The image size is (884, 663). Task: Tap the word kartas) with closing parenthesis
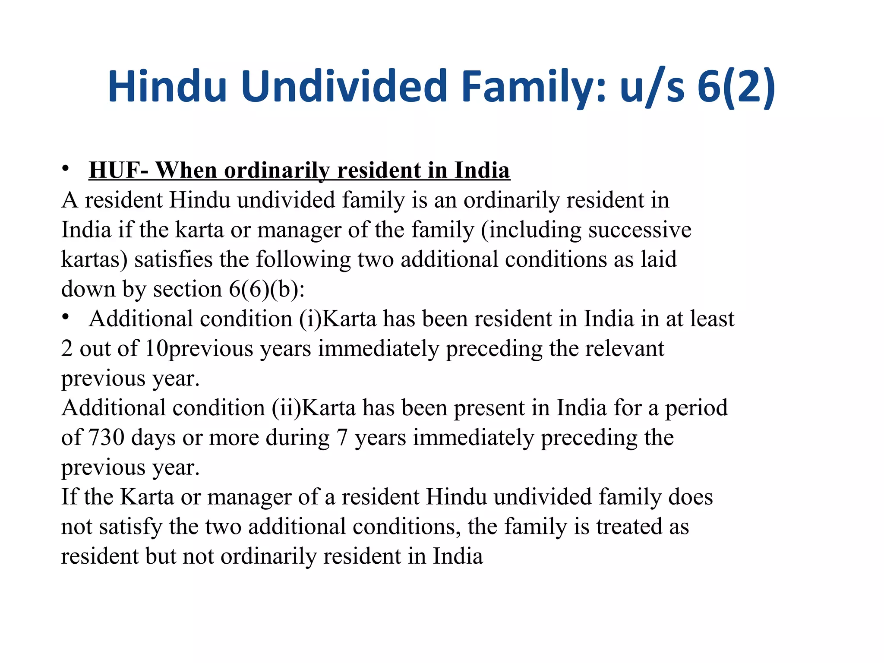pos(95,259)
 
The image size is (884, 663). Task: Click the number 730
pos(106,437)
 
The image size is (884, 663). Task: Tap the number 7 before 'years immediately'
pos(342,437)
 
